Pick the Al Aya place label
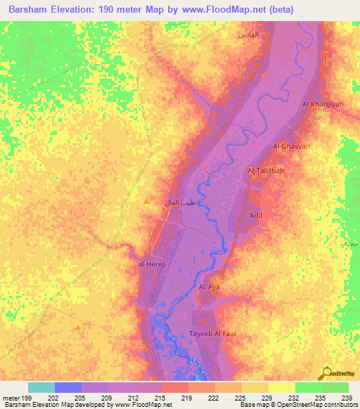210,287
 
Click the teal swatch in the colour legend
41,387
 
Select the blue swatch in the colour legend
68,387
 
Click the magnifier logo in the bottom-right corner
326,372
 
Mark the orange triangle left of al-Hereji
77,327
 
